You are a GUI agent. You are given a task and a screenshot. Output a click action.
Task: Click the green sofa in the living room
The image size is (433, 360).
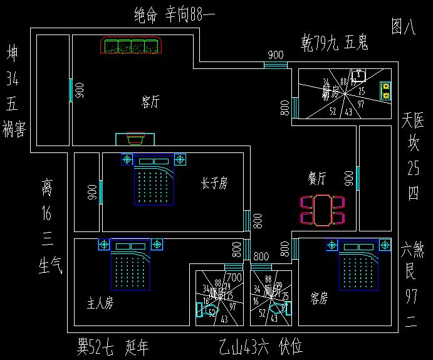click(131, 46)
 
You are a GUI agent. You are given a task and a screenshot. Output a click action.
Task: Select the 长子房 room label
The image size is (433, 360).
click(214, 183)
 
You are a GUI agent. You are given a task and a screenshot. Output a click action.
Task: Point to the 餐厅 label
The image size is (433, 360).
click(316, 179)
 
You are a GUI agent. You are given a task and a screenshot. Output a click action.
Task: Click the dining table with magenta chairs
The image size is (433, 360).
click(323, 210)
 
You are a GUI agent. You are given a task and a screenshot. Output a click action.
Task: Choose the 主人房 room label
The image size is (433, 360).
click(100, 304)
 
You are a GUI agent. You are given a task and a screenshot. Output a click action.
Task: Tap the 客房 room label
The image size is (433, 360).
click(319, 299)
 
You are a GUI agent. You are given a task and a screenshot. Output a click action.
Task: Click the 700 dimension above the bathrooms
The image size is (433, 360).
click(234, 277)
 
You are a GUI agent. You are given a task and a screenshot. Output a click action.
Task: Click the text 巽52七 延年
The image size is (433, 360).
click(113, 346)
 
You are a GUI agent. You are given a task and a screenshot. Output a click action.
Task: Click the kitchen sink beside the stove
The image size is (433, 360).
click(358, 76)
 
